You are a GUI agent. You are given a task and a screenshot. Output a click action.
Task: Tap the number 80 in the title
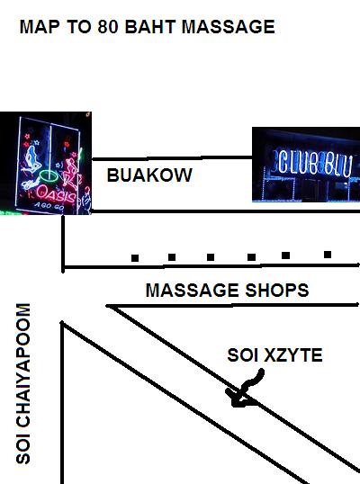click(108, 27)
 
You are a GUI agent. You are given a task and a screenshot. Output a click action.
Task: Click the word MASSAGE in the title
click(229, 27)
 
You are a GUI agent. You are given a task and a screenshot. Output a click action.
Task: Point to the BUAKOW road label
click(149, 175)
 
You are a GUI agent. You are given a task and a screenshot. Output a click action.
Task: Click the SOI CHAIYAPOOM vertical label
click(23, 383)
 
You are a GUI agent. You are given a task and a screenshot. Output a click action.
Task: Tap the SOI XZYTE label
click(274, 355)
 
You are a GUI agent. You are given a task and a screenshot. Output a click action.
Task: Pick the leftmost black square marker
click(135, 258)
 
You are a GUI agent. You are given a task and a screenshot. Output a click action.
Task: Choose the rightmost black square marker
click(328, 255)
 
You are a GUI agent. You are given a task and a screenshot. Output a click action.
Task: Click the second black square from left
click(172, 257)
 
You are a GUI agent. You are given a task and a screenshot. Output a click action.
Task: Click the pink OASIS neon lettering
click(56, 193)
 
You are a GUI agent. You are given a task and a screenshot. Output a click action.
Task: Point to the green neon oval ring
click(49, 175)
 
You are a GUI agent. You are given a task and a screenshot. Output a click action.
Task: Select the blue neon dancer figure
click(32, 160)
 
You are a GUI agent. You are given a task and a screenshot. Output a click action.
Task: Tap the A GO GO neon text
click(49, 207)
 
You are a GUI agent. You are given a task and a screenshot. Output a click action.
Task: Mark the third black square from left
click(211, 257)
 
